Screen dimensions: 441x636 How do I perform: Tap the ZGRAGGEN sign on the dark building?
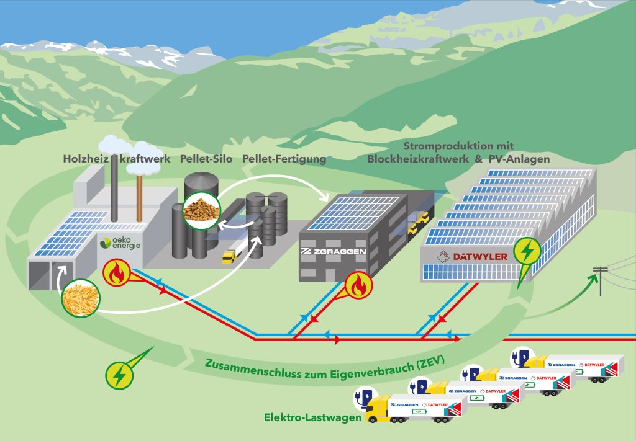point(332,251)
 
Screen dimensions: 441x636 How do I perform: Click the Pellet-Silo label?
point(207,159)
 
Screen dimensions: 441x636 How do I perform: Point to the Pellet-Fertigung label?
point(284,159)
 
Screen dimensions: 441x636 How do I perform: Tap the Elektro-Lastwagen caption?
point(313,419)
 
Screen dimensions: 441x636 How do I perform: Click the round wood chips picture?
point(81,298)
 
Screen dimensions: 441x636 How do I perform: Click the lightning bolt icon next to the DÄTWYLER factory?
point(527,252)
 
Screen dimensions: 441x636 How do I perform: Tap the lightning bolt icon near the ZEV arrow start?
point(119,375)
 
